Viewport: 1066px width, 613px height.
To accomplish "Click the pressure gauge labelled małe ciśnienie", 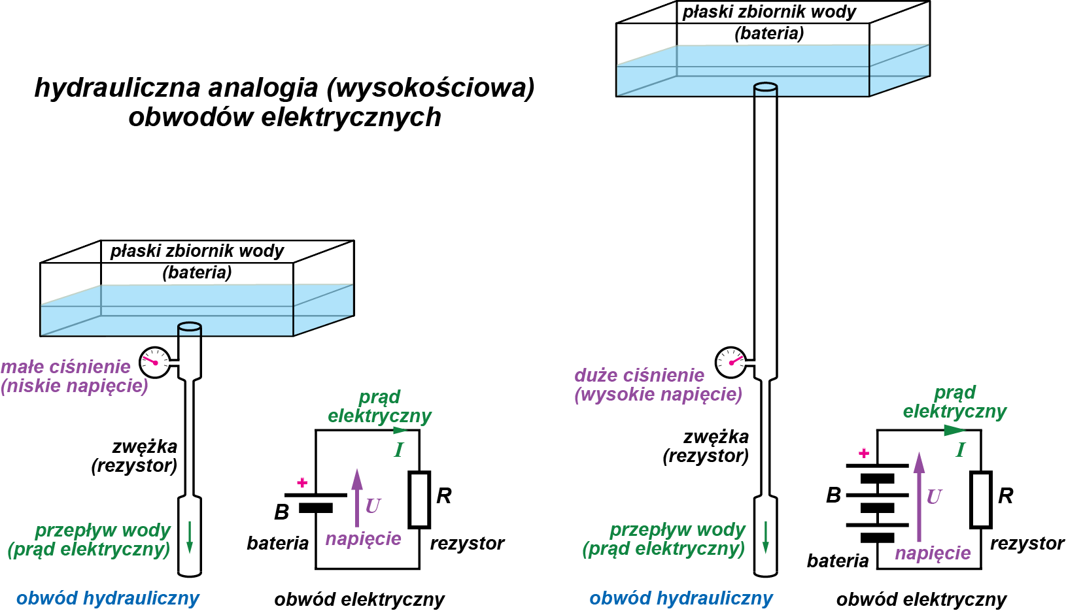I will coord(155,362).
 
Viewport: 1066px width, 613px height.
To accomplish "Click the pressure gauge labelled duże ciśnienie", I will coord(730,362).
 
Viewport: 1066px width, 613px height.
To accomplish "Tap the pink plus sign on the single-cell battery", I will coord(302,482).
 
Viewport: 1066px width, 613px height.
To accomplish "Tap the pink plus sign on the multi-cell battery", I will coord(864,453).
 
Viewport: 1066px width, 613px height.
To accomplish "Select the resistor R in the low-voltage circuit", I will coord(419,499).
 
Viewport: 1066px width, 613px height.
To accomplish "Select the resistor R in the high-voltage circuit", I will coord(980,499).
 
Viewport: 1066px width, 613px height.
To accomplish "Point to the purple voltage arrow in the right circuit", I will coord(919,497).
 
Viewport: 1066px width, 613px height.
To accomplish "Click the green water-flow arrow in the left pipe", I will coord(190,537).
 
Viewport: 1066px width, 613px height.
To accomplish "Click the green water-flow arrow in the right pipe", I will coord(765,537).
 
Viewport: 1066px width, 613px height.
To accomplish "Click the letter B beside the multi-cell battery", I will coord(833,495).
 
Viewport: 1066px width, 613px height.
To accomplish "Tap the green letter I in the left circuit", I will coord(398,450).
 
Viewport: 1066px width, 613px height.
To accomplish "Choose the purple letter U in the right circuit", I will coord(934,497).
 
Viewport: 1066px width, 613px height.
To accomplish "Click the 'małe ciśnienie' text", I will coord(66,367).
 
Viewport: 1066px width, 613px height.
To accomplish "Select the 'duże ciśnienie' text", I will coord(639,375).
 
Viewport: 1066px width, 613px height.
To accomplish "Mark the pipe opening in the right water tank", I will coord(765,87).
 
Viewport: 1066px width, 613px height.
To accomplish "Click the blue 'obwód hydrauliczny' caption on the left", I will coord(108,598).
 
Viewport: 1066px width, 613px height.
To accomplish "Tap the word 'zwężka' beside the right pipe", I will coord(716,437).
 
